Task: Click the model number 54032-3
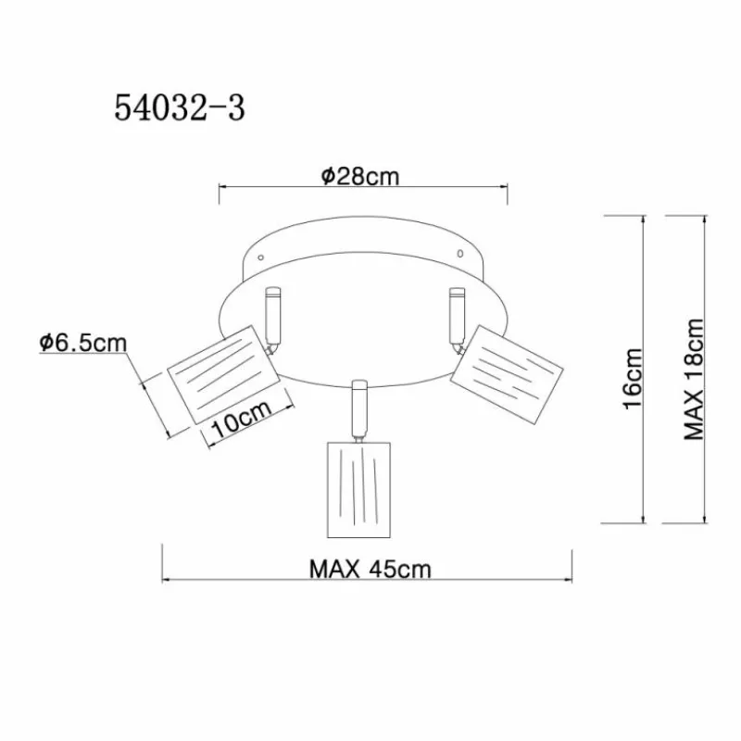pos(180,107)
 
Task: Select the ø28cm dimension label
pos(360,176)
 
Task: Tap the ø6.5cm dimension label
pos(83,343)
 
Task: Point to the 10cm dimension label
pos(243,420)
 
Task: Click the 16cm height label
pos(633,379)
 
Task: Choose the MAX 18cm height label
pos(694,379)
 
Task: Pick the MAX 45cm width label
pos(370,570)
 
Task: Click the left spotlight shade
pos(221,374)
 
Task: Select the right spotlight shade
pos(508,373)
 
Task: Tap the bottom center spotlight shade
pos(359,490)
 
